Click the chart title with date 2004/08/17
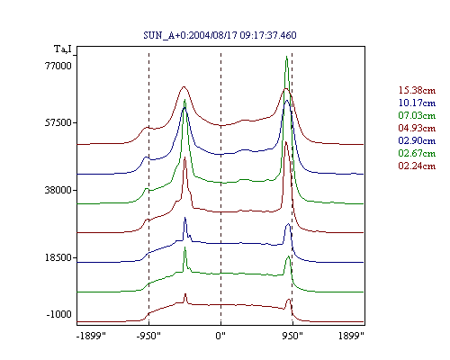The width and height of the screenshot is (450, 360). tap(220, 35)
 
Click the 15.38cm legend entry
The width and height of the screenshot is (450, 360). tap(417, 90)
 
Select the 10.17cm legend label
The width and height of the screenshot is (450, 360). tap(417, 103)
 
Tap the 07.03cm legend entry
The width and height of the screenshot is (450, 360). tap(417, 115)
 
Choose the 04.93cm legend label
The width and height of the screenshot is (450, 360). tap(417, 128)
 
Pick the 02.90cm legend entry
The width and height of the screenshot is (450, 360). tap(417, 140)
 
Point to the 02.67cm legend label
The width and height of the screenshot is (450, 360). tap(417, 153)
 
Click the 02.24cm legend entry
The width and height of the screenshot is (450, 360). tap(417, 166)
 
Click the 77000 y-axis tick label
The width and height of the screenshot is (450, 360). tap(58, 66)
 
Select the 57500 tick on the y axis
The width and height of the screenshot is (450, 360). tap(58, 122)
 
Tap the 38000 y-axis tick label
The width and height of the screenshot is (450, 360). tap(58, 190)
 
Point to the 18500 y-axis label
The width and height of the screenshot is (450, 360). tap(58, 257)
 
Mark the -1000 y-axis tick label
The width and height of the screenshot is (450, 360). tap(59, 314)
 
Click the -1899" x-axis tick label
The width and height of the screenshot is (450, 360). tap(91, 336)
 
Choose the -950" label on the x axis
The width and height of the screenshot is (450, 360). tap(148, 336)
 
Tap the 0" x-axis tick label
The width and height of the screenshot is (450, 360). tap(220, 336)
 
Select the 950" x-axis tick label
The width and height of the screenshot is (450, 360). tap(292, 336)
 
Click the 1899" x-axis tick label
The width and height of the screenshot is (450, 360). tap(351, 336)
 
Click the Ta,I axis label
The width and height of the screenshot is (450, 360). tap(63, 49)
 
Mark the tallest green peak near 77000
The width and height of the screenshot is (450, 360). tap(287, 57)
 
